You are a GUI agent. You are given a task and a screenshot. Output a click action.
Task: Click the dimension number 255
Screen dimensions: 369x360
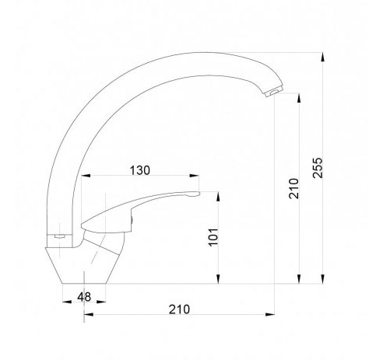(318, 167)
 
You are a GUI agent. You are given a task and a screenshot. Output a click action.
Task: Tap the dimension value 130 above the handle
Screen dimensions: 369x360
(140, 170)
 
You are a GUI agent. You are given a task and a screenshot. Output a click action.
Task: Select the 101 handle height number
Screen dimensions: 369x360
(213, 237)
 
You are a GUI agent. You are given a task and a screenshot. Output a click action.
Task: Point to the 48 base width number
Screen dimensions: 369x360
(84, 297)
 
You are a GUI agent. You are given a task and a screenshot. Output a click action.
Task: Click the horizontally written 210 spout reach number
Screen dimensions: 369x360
(179, 309)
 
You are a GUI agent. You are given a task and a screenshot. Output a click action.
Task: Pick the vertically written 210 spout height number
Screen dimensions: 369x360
(293, 188)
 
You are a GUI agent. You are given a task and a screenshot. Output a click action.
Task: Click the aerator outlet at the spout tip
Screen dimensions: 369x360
(274, 92)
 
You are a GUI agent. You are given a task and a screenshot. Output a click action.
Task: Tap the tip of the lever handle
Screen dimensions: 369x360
(199, 194)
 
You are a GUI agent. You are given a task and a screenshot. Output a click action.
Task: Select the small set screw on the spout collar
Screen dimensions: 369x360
(59, 236)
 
